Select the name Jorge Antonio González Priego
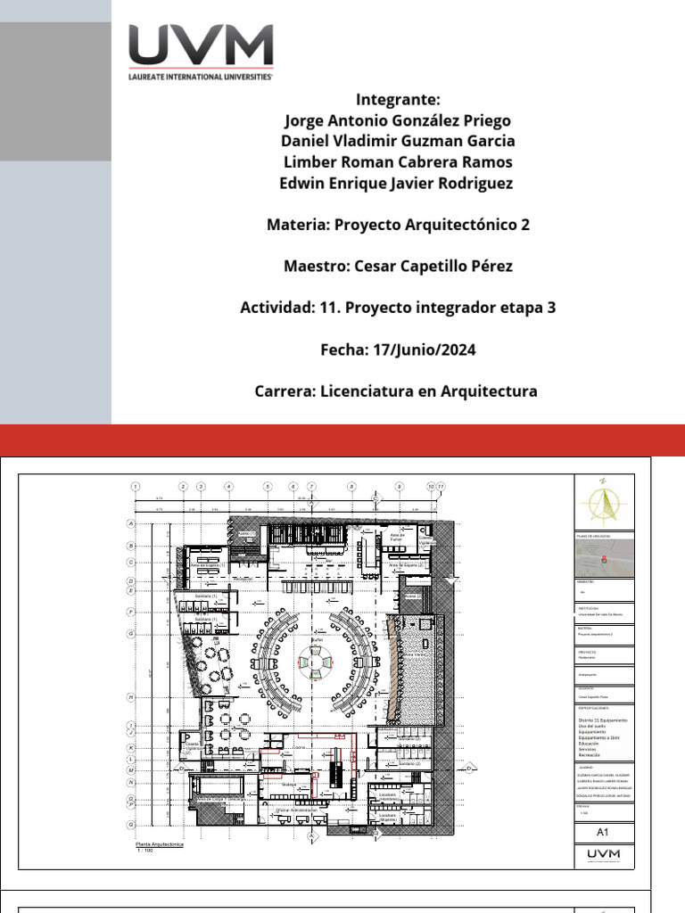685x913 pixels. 398,120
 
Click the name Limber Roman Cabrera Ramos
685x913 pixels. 398,162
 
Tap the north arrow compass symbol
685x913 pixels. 604,504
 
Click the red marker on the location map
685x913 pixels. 605,560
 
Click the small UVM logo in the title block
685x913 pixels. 604,855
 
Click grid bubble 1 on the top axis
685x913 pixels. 135,486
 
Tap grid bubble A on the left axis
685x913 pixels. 131,524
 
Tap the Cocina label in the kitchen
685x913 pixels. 300,747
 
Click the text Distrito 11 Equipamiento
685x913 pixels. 604,719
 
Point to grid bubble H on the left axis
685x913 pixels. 131,696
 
